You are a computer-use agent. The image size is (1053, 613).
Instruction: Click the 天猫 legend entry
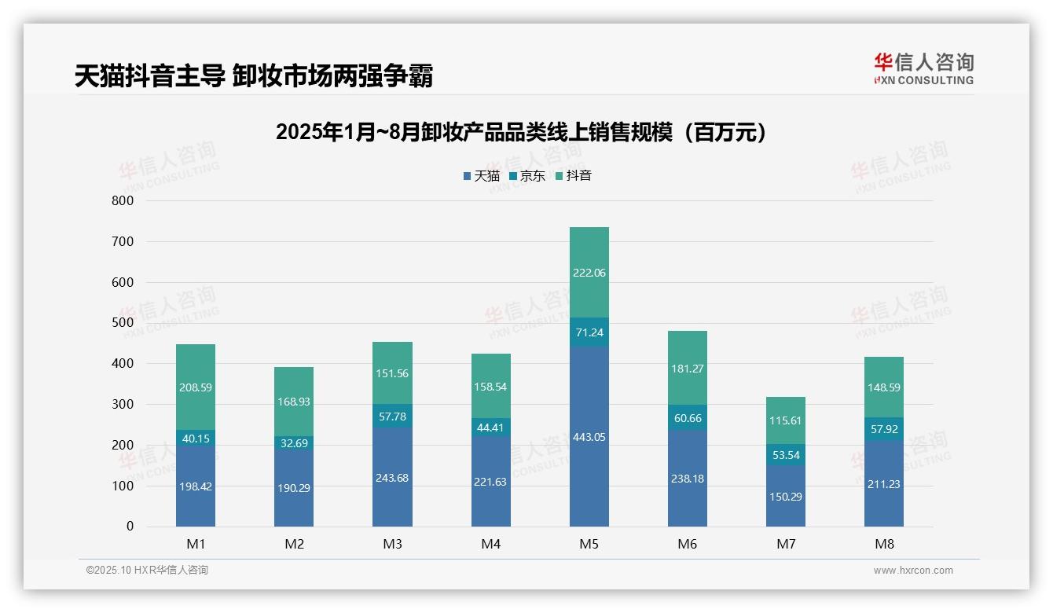point(481,176)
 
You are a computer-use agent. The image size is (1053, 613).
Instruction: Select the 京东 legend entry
point(526,176)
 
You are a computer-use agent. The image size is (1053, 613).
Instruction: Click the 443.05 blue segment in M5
point(589,437)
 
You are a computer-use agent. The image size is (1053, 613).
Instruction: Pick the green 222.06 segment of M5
point(589,273)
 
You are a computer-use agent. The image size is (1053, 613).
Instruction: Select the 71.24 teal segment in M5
point(589,332)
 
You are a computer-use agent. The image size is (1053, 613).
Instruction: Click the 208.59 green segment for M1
point(196,387)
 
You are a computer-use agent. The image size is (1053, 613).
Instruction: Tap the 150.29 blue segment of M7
point(785,496)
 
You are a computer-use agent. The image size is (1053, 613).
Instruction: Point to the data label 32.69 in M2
point(294,442)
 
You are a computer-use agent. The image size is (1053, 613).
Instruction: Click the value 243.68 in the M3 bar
point(392,478)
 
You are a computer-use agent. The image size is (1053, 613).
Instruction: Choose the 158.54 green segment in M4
point(490,387)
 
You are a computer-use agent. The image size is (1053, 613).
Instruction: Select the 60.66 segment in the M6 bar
point(687,418)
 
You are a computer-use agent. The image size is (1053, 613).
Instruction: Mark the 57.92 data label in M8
point(883,430)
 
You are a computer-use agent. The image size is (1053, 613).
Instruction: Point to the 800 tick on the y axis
point(122,201)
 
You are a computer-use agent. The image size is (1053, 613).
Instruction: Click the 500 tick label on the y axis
point(122,323)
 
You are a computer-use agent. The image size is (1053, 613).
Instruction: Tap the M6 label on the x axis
point(687,545)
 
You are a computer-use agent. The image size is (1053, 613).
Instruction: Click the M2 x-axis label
point(294,545)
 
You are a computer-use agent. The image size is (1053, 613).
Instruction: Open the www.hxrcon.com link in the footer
point(913,571)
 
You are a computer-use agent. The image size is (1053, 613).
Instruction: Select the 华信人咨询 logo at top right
point(923,68)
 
